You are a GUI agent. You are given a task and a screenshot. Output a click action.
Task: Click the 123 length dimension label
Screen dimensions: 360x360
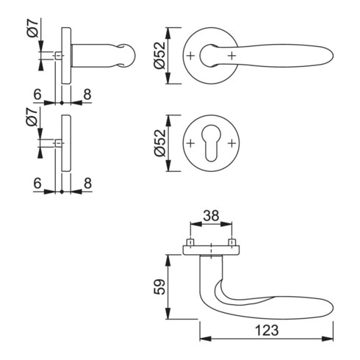click(x=267, y=330)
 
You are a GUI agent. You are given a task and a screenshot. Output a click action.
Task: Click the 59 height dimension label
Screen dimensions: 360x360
click(x=159, y=287)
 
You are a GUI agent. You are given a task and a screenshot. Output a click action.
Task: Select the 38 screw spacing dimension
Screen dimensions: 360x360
click(x=211, y=216)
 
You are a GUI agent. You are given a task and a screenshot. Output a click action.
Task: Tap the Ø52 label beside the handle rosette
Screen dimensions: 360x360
click(x=159, y=55)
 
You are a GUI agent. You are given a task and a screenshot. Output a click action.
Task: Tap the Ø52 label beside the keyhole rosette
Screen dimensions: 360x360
click(x=159, y=143)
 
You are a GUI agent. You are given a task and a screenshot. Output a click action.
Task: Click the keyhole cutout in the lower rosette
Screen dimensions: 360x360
click(x=211, y=143)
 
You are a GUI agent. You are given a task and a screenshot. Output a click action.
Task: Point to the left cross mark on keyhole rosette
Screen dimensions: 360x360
click(x=190, y=143)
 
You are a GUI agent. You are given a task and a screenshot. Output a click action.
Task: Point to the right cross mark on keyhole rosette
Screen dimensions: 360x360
click(x=231, y=143)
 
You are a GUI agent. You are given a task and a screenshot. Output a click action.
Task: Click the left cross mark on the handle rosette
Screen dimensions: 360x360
click(x=190, y=56)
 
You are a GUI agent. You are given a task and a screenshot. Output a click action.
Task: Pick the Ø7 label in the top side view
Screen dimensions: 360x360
click(x=33, y=28)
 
